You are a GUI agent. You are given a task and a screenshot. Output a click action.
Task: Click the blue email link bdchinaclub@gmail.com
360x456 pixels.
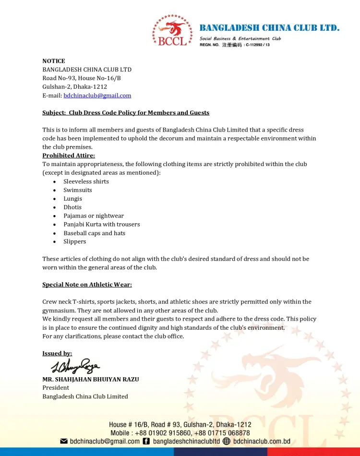[x=97, y=96]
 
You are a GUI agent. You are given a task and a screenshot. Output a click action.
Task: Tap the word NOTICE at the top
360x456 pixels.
[x=54, y=61]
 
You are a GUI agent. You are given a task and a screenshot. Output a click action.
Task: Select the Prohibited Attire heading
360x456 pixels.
[x=69, y=156]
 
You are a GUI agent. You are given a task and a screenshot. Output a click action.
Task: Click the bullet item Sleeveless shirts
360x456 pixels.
[x=86, y=181]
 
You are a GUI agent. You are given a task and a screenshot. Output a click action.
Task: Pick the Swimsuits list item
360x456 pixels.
[x=78, y=190]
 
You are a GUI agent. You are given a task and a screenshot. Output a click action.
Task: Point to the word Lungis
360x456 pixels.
[x=73, y=199]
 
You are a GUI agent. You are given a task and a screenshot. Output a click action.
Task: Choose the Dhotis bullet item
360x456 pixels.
[x=72, y=207]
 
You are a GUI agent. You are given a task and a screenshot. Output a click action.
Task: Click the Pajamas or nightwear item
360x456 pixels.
[x=94, y=216]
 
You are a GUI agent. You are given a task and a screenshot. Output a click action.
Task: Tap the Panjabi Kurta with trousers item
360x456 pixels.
[x=102, y=224]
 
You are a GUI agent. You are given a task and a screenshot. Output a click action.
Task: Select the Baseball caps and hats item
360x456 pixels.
[x=94, y=233]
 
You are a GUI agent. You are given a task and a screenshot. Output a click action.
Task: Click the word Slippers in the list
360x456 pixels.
[x=75, y=241]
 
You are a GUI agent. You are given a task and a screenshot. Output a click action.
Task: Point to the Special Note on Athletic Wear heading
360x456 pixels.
[x=87, y=285]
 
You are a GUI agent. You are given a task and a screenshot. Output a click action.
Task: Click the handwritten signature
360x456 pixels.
[x=76, y=366]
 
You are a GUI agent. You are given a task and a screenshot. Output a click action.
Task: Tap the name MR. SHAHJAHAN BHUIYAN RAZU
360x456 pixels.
[x=91, y=379]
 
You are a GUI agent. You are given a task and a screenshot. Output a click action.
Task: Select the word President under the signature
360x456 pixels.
[x=56, y=388]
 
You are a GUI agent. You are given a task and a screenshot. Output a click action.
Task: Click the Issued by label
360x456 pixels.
[x=57, y=353]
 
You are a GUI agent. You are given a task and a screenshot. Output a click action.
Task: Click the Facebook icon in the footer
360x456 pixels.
[x=146, y=441]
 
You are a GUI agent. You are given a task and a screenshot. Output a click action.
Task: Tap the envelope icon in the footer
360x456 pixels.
[x=63, y=441]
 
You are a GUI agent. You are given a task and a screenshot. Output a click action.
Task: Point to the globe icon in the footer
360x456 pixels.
[x=227, y=441]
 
